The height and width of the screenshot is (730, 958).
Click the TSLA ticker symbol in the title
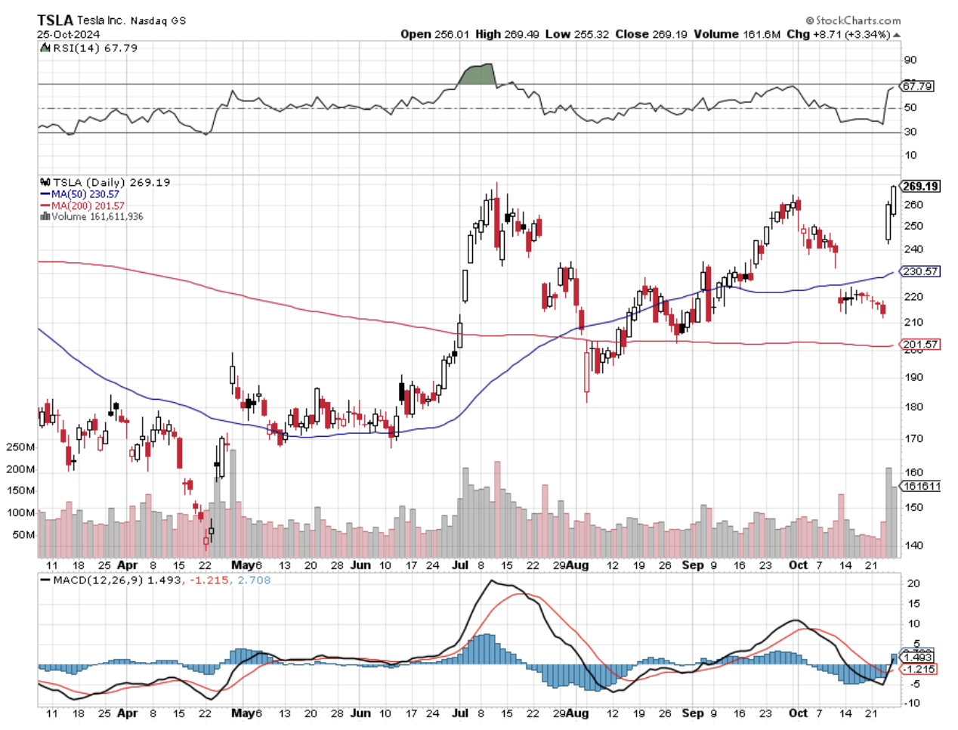55,20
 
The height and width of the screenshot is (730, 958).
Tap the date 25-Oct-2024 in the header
68,34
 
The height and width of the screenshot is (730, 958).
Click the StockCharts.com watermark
853,20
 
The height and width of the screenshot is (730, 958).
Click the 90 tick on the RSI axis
910,60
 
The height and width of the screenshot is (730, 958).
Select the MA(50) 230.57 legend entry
84,194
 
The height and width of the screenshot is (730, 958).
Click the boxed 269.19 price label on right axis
920,186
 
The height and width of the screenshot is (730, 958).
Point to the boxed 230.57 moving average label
921,271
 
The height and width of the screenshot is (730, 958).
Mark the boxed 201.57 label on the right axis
921,345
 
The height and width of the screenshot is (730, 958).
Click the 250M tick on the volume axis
20,447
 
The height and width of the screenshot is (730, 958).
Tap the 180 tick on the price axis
913,407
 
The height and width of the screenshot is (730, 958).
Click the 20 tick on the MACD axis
913,583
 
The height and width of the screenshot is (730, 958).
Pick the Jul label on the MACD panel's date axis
460,713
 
